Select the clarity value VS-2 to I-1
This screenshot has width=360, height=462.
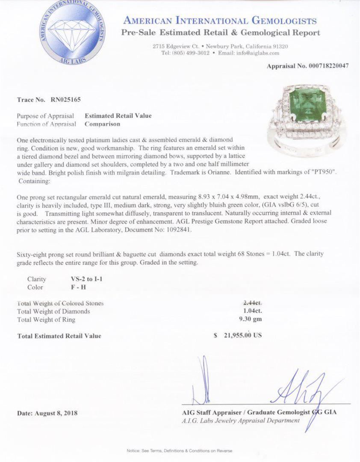(87, 279)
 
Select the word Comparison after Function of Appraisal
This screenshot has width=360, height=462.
(103, 124)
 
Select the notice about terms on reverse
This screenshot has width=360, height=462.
(180, 450)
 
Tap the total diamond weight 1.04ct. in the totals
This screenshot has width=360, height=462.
(252, 311)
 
